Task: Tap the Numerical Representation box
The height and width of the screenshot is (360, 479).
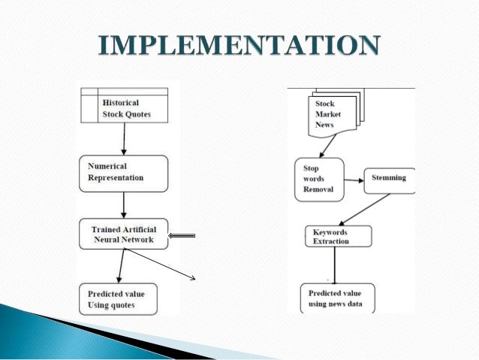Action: pos(123,172)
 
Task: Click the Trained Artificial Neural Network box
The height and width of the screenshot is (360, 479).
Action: pos(123,234)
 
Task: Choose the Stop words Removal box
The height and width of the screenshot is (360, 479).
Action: pos(317,180)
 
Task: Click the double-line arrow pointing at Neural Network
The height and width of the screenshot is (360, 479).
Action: pos(182,236)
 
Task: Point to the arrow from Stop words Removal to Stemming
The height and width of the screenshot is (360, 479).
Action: pos(354,180)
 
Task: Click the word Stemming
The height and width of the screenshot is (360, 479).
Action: pos(389,178)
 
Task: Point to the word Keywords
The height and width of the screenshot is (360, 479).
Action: pos(330,232)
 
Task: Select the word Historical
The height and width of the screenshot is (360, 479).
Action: pos(121,103)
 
